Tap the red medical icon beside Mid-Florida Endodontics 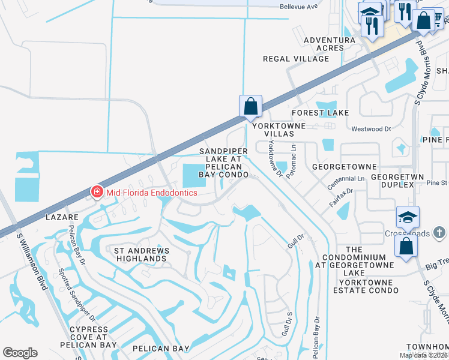pyautogui.click(x=96, y=192)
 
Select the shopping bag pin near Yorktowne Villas pyautogui.click(x=250, y=106)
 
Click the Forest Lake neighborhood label pyautogui.click(x=320, y=113)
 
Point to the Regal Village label pyautogui.click(x=296, y=59)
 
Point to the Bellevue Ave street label pyautogui.click(x=298, y=7)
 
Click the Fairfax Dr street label pyautogui.click(x=340, y=198)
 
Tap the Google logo pyautogui.click(x=20, y=353)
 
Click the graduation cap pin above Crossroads pyautogui.click(x=408, y=217)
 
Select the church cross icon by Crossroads pyautogui.click(x=439, y=232)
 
